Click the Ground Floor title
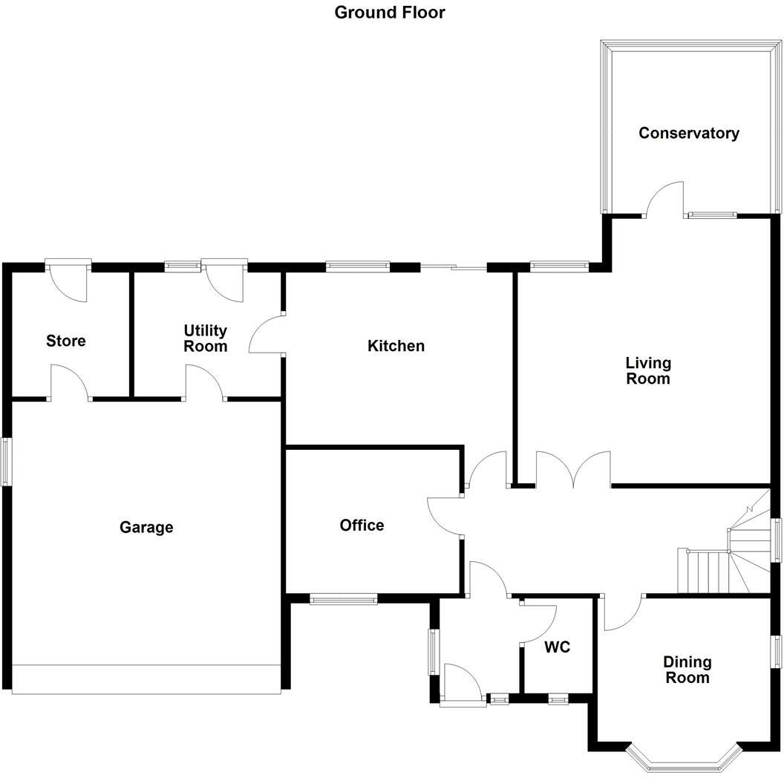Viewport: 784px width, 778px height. (x=390, y=12)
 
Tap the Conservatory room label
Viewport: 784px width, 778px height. (x=689, y=133)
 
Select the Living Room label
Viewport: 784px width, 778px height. (x=647, y=370)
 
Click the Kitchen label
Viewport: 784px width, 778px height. (x=396, y=345)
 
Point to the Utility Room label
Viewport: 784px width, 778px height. (x=206, y=339)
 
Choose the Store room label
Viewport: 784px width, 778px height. (x=66, y=341)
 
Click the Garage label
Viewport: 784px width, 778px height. (x=146, y=527)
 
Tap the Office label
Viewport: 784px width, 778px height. (x=362, y=525)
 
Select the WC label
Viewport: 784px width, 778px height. (x=557, y=647)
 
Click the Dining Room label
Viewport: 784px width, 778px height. (x=687, y=669)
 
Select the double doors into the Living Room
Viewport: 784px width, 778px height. (x=572, y=471)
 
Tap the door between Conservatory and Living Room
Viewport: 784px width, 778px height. (x=663, y=200)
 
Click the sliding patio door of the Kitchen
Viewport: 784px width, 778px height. (x=454, y=267)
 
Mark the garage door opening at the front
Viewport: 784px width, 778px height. (x=146, y=679)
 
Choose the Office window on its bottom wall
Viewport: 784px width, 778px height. (x=343, y=599)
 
